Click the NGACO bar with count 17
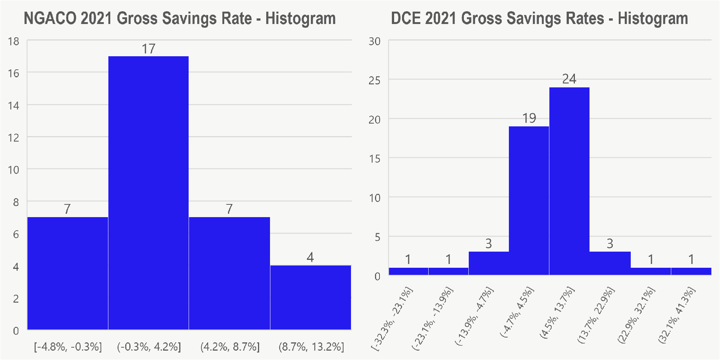pyautogui.click(x=148, y=193)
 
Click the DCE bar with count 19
pyautogui.click(x=529, y=201)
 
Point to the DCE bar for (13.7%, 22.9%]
pyautogui.click(x=610, y=263)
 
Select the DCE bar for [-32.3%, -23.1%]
pyautogui.click(x=408, y=271)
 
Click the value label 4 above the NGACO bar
pyautogui.click(x=310, y=257)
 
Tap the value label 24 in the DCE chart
pyautogui.click(x=569, y=79)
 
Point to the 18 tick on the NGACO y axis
pyautogui.click(x=13, y=41)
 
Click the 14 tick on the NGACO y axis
pyautogui.click(x=13, y=105)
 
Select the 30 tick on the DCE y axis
pyautogui.click(x=374, y=41)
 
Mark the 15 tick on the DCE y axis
pyautogui.click(x=374, y=159)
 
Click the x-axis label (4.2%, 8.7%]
pyautogui.click(x=230, y=347)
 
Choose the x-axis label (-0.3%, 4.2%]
pyautogui.click(x=149, y=347)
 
